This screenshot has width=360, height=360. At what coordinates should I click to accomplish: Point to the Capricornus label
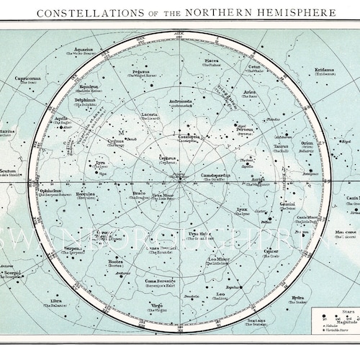(x=34, y=79)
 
